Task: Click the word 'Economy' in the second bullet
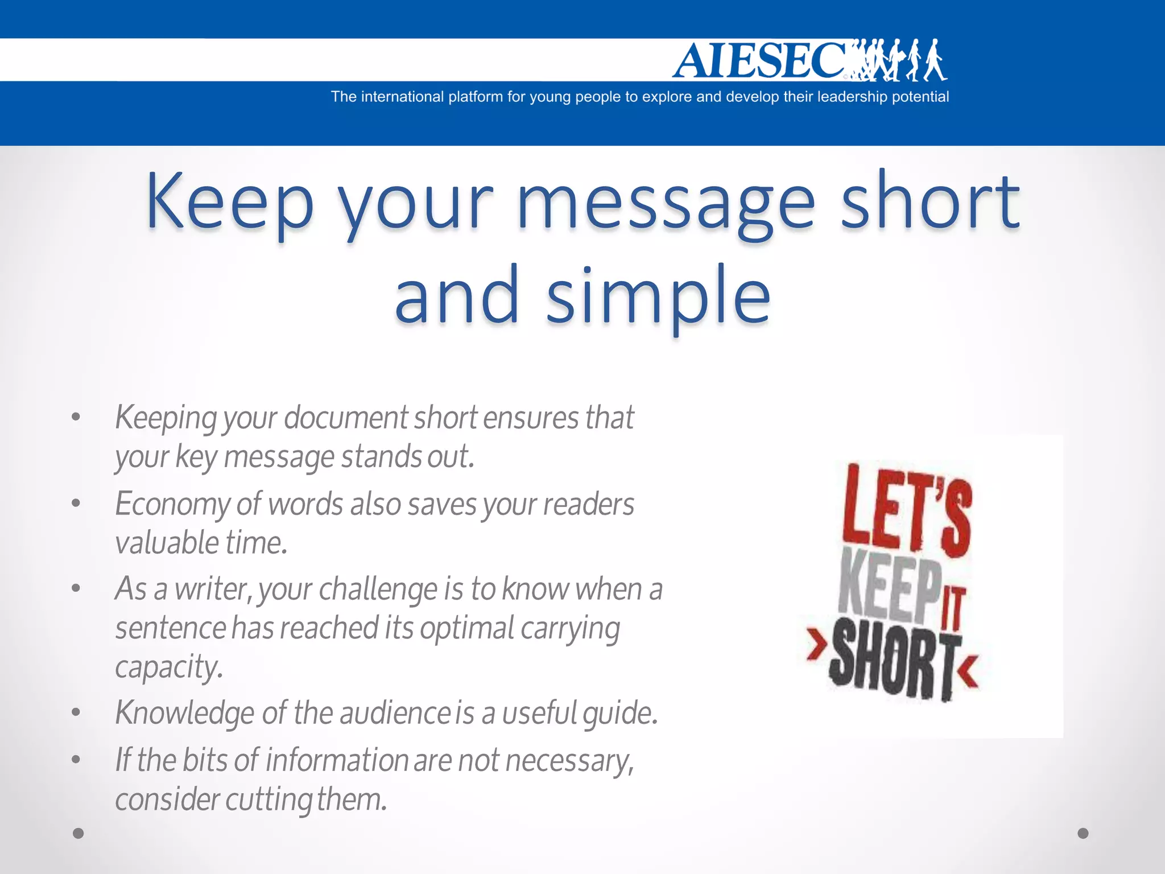click(172, 505)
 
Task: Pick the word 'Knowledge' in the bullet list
click(184, 713)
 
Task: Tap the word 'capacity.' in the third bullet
click(169, 667)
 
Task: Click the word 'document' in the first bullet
click(345, 418)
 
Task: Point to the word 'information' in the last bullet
click(337, 761)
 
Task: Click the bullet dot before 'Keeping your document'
click(76, 417)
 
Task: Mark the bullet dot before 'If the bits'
click(76, 759)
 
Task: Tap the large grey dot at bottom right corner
click(1083, 834)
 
